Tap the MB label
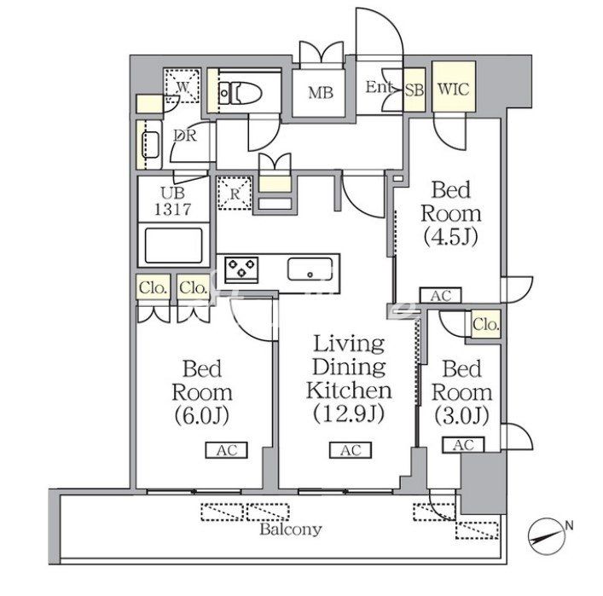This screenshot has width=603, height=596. point(321,93)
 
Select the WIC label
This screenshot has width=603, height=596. point(454,90)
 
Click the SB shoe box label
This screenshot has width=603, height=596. point(415,90)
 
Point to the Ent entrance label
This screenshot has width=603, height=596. point(380,87)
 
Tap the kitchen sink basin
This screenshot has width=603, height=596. point(310,269)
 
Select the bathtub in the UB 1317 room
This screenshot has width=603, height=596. point(174,246)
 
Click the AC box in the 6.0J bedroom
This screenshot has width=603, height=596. point(227,450)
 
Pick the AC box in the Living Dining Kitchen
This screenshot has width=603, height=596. point(351,450)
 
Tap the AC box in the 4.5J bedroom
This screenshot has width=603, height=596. point(440,296)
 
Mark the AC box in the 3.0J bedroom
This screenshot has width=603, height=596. point(463,445)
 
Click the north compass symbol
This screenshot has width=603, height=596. point(545,537)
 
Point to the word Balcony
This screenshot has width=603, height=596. point(290,529)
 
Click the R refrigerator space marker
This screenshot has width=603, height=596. point(235,193)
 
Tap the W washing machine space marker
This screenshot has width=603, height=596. point(183,86)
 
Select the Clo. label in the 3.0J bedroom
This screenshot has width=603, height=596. point(486,325)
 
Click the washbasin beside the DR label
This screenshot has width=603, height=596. point(151,145)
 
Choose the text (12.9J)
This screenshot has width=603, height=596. point(349,414)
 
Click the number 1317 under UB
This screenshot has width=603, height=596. point(172,210)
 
